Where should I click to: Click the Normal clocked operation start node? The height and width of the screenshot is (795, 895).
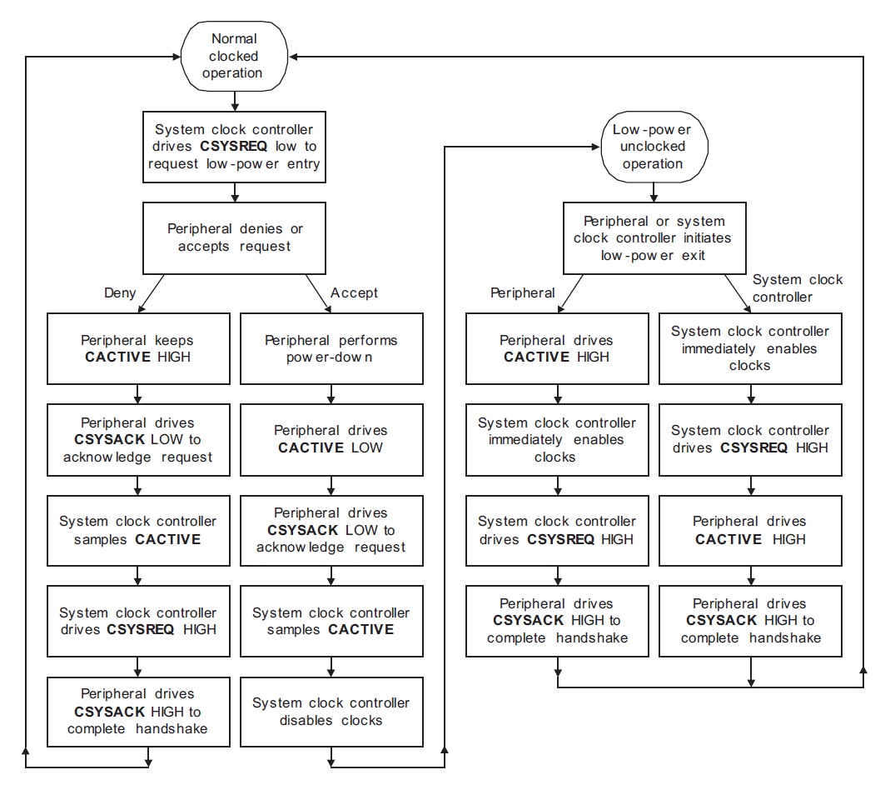pyautogui.click(x=234, y=56)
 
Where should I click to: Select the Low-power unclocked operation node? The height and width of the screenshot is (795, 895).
pyautogui.click(x=654, y=147)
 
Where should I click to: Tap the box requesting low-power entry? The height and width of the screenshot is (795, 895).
pyautogui.click(x=234, y=147)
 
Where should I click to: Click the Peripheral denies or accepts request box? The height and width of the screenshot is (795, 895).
pyautogui.click(x=234, y=237)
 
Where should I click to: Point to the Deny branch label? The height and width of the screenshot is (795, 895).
pyautogui.click(x=119, y=293)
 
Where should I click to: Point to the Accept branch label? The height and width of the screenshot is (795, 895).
pyautogui.click(x=354, y=293)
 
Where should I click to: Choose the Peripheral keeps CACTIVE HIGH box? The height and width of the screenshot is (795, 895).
pyautogui.click(x=138, y=348)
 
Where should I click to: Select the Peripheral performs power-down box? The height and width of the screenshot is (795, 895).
pyautogui.click(x=331, y=348)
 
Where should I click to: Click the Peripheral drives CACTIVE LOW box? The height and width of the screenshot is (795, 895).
pyautogui.click(x=331, y=439)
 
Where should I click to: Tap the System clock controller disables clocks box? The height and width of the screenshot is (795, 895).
pyautogui.click(x=331, y=712)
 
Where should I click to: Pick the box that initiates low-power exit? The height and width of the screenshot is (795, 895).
pyautogui.click(x=654, y=238)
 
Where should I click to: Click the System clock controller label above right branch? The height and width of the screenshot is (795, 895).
pyautogui.click(x=797, y=288)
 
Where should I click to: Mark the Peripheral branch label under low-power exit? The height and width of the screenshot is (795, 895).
pyautogui.click(x=522, y=293)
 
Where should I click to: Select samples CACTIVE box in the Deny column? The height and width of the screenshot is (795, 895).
pyautogui.click(x=138, y=530)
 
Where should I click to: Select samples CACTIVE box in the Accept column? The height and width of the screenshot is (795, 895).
pyautogui.click(x=331, y=621)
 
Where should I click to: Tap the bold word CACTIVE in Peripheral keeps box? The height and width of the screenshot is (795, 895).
pyautogui.click(x=117, y=357)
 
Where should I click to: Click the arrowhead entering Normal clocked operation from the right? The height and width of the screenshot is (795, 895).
pyautogui.click(x=294, y=57)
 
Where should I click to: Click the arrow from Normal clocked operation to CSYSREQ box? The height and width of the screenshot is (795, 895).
pyautogui.click(x=234, y=101)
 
